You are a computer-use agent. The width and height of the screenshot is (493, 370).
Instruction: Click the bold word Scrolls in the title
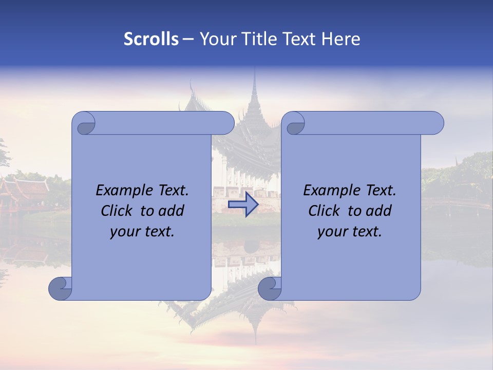pyautogui.click(x=151, y=39)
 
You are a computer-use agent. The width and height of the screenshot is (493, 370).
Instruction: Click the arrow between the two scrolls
pyautogui.click(x=243, y=204)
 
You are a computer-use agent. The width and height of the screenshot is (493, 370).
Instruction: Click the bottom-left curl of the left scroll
pyautogui.click(x=61, y=288)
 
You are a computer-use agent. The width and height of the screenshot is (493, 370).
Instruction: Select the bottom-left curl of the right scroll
pyautogui.click(x=270, y=288)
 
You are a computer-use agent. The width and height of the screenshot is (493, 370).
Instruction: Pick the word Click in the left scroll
pyautogui.click(x=116, y=211)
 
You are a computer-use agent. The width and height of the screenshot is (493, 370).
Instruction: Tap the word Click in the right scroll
pyautogui.click(x=324, y=211)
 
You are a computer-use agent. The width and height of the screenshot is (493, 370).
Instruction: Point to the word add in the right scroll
pyautogui.click(x=379, y=211)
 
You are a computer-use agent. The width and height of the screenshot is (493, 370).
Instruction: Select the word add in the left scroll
pyautogui.click(x=172, y=211)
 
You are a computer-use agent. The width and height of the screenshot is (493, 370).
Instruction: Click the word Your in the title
pyautogui.click(x=216, y=39)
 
